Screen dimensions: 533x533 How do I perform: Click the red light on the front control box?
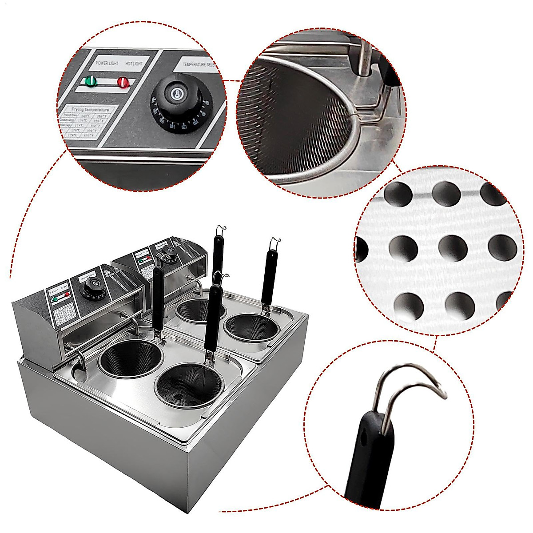(x=67, y=294)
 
